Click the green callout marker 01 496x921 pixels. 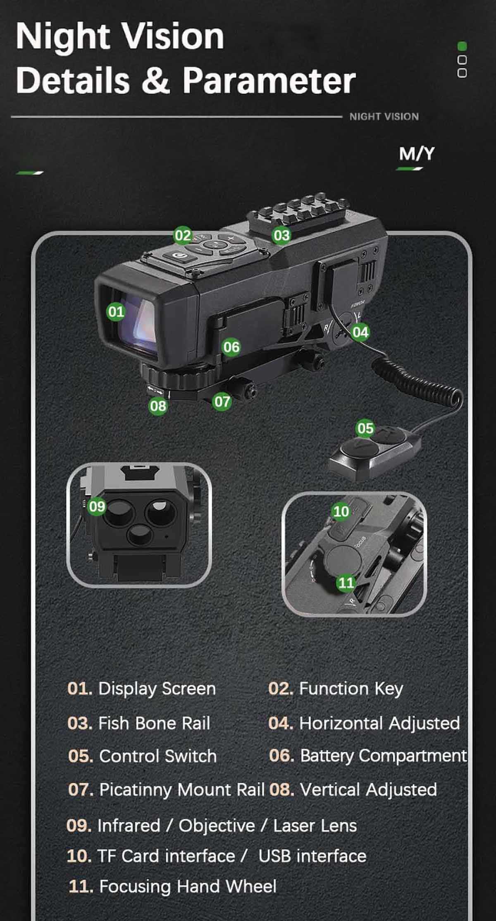(x=116, y=311)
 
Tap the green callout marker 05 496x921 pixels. (x=365, y=428)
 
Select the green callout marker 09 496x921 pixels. (x=97, y=506)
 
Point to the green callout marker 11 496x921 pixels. (x=346, y=583)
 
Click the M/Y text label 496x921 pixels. (x=417, y=153)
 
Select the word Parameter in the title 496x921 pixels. (x=269, y=80)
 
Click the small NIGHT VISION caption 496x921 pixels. (x=384, y=117)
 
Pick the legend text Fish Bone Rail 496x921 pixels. (x=154, y=723)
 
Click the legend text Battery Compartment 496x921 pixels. (x=383, y=756)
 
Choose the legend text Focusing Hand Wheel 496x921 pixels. (x=188, y=886)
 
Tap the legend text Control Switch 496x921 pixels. (x=158, y=756)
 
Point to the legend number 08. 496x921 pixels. (x=281, y=789)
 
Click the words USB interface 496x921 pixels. (x=312, y=856)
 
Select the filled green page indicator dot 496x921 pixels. (x=462, y=46)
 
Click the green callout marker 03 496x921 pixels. (x=281, y=235)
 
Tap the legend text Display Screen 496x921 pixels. (x=157, y=689)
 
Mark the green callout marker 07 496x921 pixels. (x=222, y=401)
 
